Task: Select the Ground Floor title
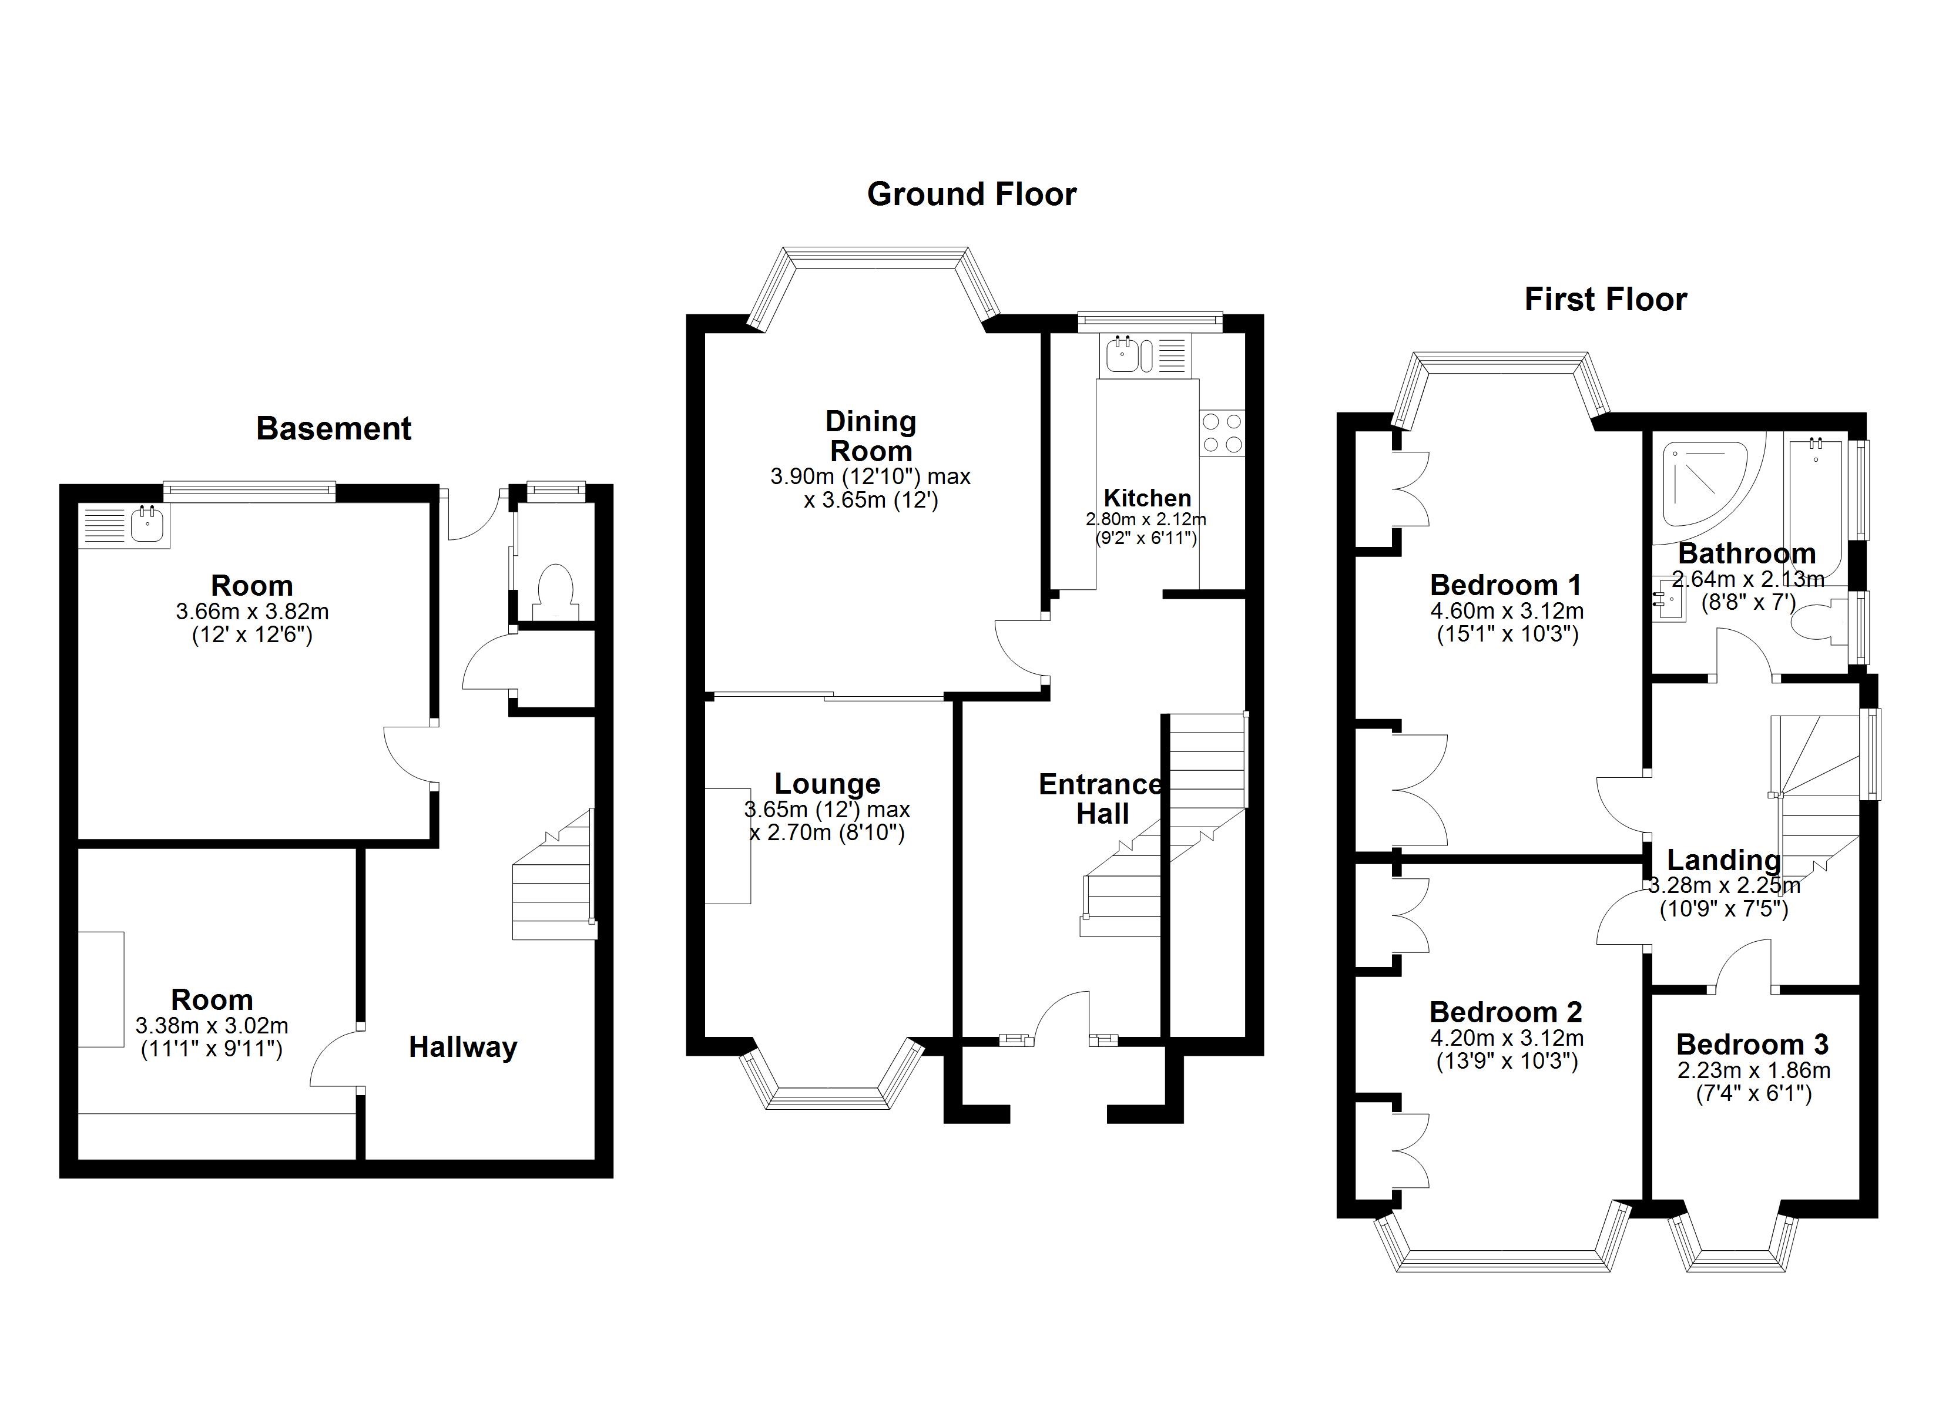[x=971, y=194]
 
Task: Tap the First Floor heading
[x=1606, y=299]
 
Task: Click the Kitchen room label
[x=1148, y=498]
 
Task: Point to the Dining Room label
[x=870, y=436]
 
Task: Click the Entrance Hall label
[x=1101, y=798]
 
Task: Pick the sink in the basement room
[x=147, y=525]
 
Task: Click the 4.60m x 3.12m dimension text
[x=1507, y=612]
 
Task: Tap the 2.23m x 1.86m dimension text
[x=1753, y=1070]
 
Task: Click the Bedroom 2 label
[x=1505, y=1012]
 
